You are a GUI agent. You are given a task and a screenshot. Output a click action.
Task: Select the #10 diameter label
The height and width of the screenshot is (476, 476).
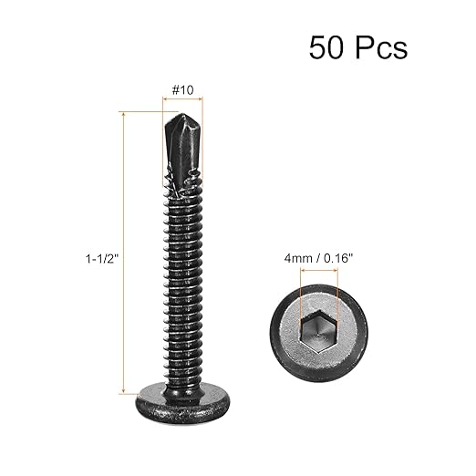click(x=182, y=90)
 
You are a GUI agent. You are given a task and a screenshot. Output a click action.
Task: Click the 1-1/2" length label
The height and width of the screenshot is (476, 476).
click(x=102, y=259)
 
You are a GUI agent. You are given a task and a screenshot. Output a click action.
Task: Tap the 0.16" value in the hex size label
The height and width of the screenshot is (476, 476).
click(x=338, y=258)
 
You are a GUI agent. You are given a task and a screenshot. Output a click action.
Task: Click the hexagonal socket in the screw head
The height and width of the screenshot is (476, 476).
click(x=318, y=332)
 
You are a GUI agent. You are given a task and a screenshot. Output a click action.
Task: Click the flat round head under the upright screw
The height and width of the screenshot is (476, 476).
click(x=182, y=406)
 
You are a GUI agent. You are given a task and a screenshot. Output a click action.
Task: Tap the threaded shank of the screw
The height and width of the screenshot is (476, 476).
click(x=182, y=285)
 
